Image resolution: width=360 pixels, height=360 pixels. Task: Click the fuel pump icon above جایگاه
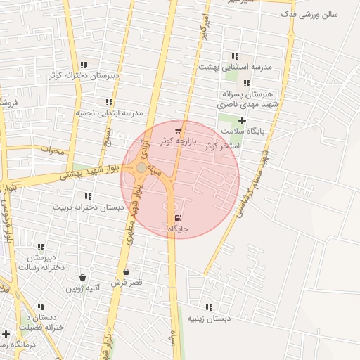(x=176, y=218)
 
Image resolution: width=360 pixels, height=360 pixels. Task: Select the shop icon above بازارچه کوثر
(x=178, y=131)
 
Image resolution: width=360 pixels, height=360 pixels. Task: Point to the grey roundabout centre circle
(x=141, y=168)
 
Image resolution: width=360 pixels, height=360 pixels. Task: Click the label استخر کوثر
(x=220, y=146)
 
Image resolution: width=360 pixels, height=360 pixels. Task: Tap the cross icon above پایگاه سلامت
(x=243, y=120)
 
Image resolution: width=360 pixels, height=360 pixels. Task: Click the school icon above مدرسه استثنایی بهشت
(x=235, y=56)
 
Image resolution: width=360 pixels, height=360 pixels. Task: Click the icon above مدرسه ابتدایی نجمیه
(x=109, y=102)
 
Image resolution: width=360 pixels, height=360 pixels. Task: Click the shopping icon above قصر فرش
(x=126, y=271)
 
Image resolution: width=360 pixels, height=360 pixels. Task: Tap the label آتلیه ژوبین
(x=84, y=288)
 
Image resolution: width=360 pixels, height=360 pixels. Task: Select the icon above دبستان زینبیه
(x=209, y=307)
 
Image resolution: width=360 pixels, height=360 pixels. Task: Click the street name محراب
(x=52, y=150)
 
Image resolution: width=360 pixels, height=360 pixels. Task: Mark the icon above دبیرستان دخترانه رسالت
(x=41, y=247)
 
